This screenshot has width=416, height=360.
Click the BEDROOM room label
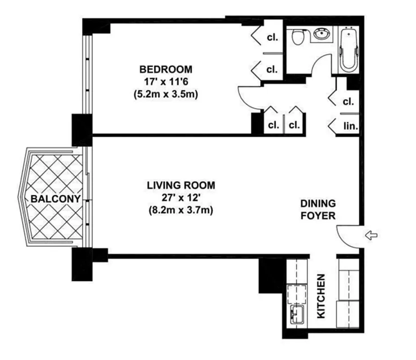point(166,69)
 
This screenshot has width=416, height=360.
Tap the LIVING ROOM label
point(181,185)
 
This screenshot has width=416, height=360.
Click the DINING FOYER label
point(318,210)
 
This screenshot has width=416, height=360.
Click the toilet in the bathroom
point(298,37)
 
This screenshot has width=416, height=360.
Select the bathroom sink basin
point(321,35)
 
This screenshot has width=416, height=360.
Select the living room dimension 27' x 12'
point(181,198)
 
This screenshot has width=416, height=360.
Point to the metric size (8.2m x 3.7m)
point(181,210)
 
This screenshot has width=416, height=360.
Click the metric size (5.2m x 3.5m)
point(166,94)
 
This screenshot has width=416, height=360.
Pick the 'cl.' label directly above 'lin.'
point(348,102)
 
